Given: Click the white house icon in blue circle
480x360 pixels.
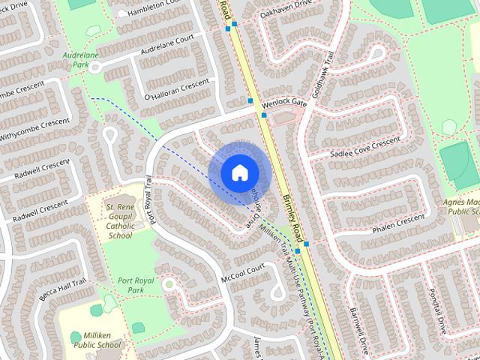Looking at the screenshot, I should point(239,172).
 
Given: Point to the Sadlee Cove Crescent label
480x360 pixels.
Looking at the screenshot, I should point(365,148).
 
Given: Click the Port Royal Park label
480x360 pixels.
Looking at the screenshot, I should point(135,284).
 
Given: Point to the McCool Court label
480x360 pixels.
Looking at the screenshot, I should point(243,272).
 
